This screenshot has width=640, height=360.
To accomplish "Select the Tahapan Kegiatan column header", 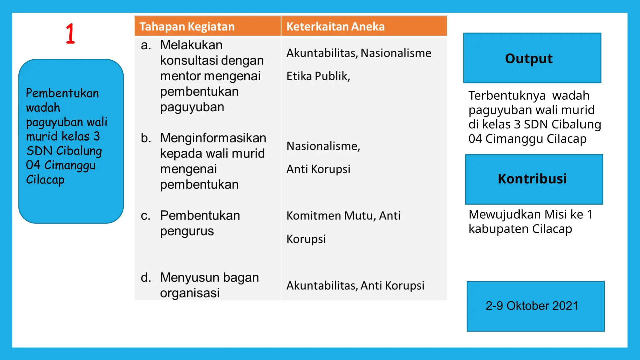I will (187, 27).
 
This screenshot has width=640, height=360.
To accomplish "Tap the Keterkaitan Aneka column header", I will (335, 27).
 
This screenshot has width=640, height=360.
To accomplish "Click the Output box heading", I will (529, 58).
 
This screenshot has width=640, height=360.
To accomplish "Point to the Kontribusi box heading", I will (532, 179).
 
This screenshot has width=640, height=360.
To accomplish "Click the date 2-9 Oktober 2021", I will (532, 306).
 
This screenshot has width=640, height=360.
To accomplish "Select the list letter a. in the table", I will (146, 45).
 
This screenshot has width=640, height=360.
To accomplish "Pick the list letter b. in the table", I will (146, 138).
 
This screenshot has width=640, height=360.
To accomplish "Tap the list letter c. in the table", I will (146, 216).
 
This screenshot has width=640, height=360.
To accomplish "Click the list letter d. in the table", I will (146, 277).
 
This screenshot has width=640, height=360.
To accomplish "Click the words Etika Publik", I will (317, 76).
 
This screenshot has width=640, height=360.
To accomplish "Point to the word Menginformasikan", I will (213, 138).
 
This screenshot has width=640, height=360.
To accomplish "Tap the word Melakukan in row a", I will (191, 45).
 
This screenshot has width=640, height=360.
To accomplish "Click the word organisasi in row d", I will (190, 293).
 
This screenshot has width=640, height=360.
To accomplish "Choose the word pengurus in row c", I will (187, 232).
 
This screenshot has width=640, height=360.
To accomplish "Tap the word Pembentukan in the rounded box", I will (62, 93).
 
